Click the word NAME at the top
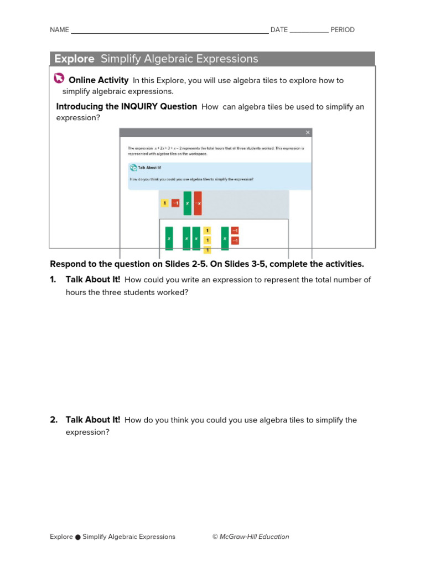pos(59,30)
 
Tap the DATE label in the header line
pos(279,30)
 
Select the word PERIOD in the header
pos(343,30)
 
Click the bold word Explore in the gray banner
pos(74,59)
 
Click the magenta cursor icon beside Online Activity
pos(59,80)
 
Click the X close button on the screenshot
pos(308,132)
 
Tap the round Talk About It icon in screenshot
pos(133,168)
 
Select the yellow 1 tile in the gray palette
pos(164,203)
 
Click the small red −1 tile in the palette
pos(175,203)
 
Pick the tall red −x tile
pos(198,203)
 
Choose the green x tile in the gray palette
pos(187,203)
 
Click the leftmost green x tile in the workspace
pos(169,239)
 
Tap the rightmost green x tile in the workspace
pos(225,239)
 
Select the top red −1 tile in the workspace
pos(235,230)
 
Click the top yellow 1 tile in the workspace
pos(207,230)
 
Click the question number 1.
pos(53,280)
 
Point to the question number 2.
pos(54,420)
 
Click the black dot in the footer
pos(78,537)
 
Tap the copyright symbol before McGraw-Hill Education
pos(215,537)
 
